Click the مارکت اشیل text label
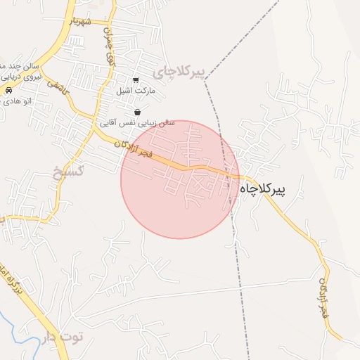(136, 91)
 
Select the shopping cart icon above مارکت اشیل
(136, 80)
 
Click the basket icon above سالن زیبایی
(136, 111)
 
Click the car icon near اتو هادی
(8, 91)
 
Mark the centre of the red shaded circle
(180, 179)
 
